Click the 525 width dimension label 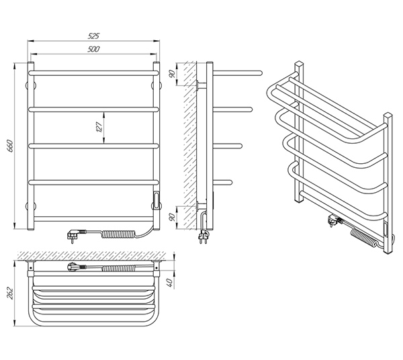pos(93,36)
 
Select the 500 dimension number pos(93,49)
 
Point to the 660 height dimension pos(10,146)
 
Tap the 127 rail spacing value pos(99,127)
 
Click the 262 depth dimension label pos(10,294)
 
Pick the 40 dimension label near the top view pos(171,283)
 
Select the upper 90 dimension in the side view pos(173,74)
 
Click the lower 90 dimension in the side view pos(173,217)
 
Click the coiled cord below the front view pos(118,234)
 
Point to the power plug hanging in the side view pos(203,237)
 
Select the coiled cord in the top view pos(118,269)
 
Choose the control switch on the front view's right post pos(156,198)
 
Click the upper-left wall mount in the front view pos(30,85)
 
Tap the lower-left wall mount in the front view pos(30,206)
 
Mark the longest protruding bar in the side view pos(238,73)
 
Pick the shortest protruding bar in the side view pos(222,183)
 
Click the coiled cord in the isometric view pos(363,238)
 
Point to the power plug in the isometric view pos(334,221)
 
